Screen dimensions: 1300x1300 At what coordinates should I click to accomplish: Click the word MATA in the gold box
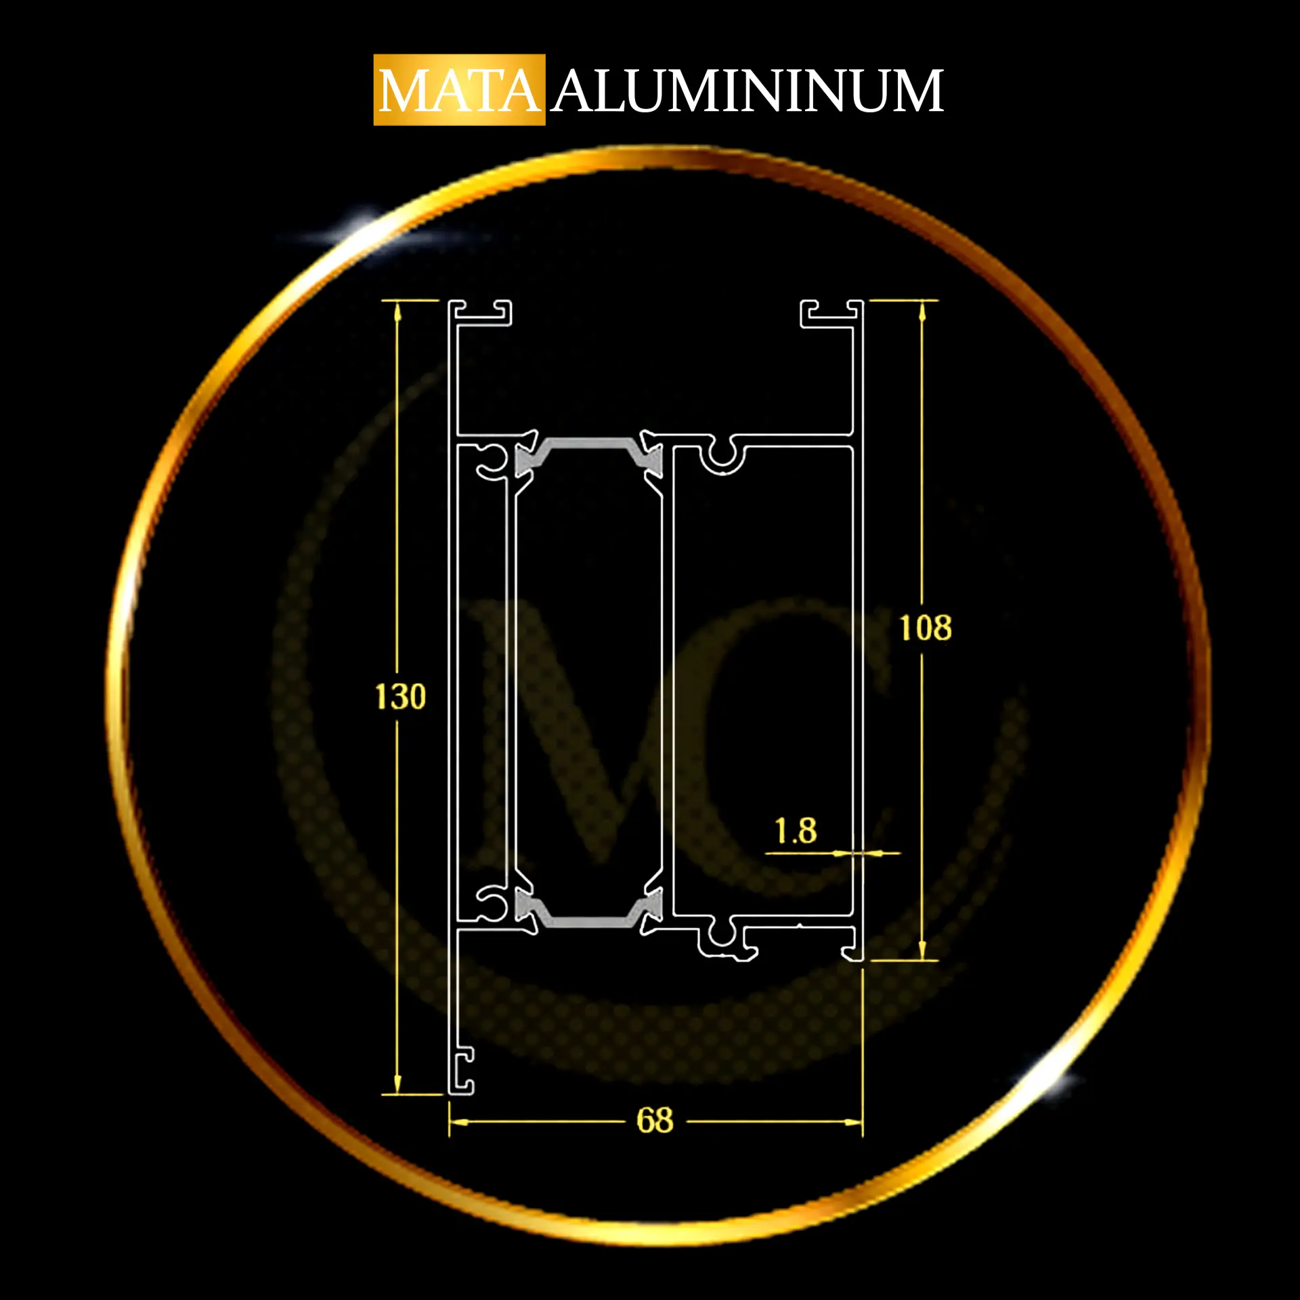pyautogui.click(x=459, y=91)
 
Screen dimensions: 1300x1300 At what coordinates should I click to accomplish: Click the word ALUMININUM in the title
pyautogui.click(x=747, y=91)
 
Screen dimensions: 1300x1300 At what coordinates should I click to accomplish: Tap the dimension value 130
pyautogui.click(x=400, y=697)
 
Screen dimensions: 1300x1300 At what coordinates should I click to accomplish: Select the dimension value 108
pyautogui.click(x=925, y=628)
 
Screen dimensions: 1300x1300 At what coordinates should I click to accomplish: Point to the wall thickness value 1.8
pyautogui.click(x=796, y=831)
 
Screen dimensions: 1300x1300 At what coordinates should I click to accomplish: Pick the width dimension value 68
pyautogui.click(x=655, y=1121)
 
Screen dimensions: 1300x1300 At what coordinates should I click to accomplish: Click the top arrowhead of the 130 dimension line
pyautogui.click(x=397, y=311)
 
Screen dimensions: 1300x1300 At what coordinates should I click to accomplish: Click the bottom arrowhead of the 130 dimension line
pyautogui.click(x=397, y=1083)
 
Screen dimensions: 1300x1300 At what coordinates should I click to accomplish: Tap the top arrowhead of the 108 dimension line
pyautogui.click(x=922, y=311)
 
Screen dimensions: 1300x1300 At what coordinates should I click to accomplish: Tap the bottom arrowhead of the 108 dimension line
pyautogui.click(x=922, y=950)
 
